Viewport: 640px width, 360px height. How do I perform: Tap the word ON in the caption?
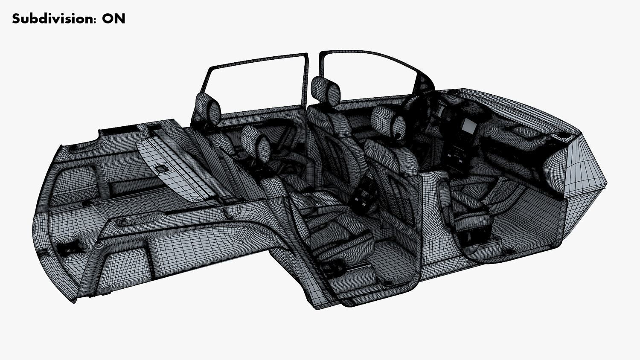tap(114, 19)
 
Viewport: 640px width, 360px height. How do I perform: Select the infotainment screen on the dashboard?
tap(468, 125)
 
